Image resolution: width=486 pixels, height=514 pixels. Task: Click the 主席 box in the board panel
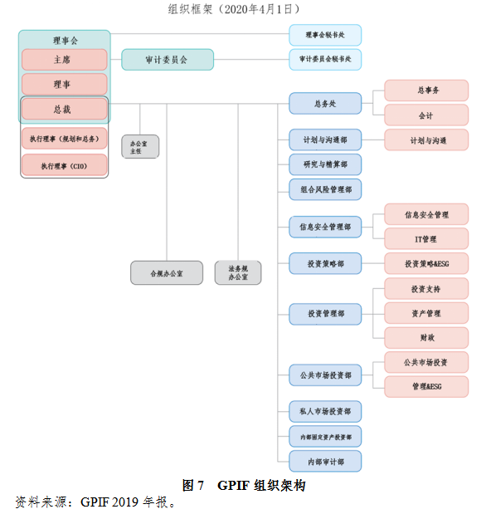[65, 60]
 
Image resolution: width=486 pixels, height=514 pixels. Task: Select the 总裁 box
[65, 109]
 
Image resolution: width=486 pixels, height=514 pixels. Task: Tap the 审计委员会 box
[168, 60]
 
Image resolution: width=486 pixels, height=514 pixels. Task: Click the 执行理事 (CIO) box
[65, 165]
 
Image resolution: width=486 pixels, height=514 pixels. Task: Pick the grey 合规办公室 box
[167, 272]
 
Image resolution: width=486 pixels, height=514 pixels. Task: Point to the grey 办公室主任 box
[140, 146]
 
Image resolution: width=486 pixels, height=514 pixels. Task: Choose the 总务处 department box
[325, 104]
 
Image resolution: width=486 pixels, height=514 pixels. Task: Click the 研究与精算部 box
[325, 164]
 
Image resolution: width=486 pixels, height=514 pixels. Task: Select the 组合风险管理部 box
[325, 189]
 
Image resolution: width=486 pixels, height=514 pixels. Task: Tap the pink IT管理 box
[426, 238]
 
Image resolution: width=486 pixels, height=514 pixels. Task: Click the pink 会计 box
[426, 115]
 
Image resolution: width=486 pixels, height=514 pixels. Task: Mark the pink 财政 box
[426, 338]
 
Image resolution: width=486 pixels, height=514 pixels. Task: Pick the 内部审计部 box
[325, 461]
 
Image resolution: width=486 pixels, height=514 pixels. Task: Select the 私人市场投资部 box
[325, 411]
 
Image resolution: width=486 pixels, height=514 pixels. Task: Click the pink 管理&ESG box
[426, 387]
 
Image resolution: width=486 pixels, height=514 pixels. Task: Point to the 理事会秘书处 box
[325, 35]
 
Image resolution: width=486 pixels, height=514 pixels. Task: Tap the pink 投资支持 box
[426, 288]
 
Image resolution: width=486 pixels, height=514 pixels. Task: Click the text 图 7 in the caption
[193, 485]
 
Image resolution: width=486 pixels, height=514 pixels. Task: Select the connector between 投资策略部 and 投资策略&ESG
[373, 263]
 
